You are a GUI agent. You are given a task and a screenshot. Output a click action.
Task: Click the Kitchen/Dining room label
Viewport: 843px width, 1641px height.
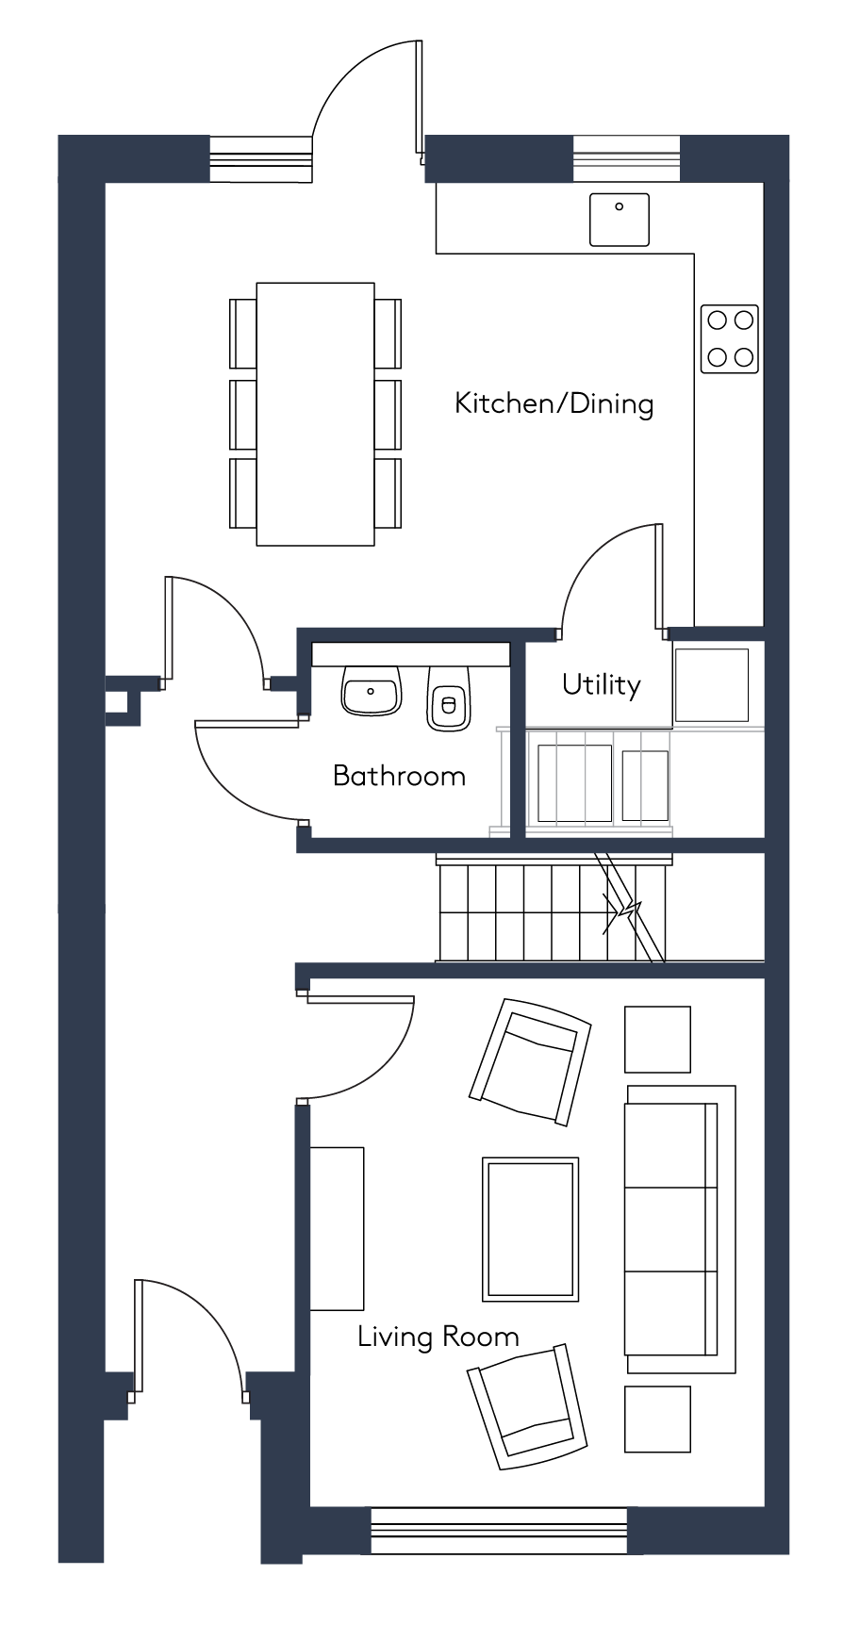click(x=554, y=403)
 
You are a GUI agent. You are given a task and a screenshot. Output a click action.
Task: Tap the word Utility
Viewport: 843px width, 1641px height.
click(x=601, y=684)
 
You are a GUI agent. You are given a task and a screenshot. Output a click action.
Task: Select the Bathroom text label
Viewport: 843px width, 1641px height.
click(x=399, y=776)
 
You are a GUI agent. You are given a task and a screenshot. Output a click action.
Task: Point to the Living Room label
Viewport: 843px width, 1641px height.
click(x=438, y=1337)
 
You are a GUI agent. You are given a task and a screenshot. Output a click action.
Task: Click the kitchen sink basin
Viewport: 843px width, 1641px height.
click(x=620, y=220)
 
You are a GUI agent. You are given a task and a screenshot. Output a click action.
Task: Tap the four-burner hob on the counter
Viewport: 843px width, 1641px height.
click(x=730, y=338)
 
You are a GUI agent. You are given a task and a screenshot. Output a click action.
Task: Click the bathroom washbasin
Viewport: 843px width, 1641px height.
click(x=371, y=690)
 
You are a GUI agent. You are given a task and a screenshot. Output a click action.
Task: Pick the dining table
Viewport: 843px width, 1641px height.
click(x=315, y=414)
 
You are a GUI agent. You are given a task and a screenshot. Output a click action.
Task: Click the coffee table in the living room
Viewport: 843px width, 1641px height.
click(x=530, y=1229)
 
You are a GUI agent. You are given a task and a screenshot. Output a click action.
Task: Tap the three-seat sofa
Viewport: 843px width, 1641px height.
click(x=680, y=1229)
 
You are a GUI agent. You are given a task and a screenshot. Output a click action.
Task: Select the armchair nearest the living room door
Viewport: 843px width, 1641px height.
click(x=530, y=1061)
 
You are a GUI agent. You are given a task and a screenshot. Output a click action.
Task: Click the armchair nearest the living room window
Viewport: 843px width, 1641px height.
click(x=528, y=1406)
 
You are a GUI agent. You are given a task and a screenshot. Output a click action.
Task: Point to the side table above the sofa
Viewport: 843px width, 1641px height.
click(x=657, y=1039)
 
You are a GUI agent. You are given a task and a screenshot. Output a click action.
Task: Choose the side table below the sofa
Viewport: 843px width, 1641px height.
click(x=657, y=1419)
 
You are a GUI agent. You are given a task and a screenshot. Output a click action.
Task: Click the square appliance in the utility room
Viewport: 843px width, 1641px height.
click(x=711, y=685)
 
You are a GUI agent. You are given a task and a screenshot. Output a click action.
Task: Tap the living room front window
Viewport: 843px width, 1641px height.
click(x=499, y=1532)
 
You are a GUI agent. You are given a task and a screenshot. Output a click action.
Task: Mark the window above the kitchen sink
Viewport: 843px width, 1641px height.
click(x=626, y=158)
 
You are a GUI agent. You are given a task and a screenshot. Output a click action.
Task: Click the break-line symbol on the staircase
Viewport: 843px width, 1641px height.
click(x=622, y=911)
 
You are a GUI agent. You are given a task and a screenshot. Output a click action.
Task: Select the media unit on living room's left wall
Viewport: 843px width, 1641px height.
click(x=338, y=1229)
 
